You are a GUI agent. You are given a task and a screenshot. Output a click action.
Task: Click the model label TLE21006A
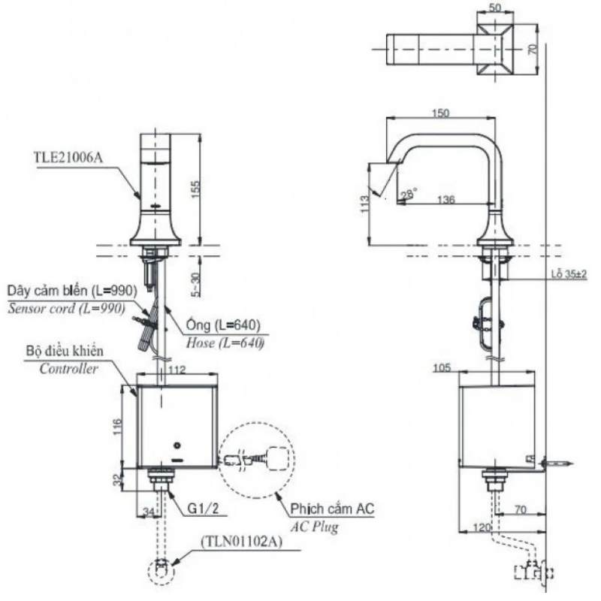68,158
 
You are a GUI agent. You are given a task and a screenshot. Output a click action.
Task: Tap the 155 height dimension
195,189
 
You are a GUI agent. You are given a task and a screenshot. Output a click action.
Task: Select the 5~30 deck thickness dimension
196,285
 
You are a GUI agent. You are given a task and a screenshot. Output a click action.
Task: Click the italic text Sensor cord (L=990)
66,309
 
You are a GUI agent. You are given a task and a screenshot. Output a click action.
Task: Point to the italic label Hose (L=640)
225,343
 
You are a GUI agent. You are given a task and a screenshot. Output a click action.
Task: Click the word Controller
68,369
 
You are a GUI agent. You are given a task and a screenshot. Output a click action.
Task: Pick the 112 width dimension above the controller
177,370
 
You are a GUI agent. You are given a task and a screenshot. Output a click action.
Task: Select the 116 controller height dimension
118,427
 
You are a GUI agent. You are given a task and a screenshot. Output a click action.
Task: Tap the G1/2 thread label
203,509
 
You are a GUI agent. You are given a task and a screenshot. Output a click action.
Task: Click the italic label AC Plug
314,527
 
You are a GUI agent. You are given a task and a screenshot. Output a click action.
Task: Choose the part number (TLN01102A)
241,542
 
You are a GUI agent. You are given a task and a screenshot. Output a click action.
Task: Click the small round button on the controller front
177,445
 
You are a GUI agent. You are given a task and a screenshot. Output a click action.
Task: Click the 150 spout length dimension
441,113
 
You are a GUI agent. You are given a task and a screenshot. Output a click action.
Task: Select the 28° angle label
409,194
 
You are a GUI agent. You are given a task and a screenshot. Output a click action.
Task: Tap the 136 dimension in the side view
446,199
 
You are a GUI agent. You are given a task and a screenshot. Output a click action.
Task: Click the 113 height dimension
365,204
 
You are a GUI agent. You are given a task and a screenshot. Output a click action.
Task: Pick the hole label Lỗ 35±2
569,274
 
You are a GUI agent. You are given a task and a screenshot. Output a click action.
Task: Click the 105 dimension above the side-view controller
442,368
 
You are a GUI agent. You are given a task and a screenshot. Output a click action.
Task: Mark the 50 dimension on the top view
495,8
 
